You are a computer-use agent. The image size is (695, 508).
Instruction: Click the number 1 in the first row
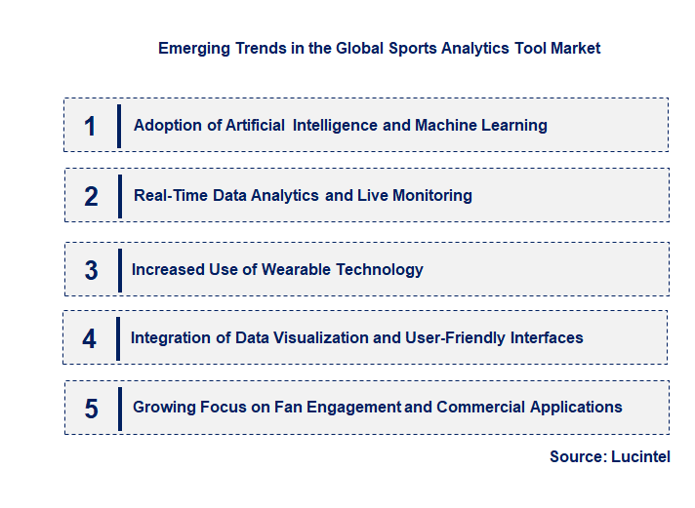(91, 126)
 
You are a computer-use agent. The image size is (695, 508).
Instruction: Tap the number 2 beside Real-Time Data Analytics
(91, 196)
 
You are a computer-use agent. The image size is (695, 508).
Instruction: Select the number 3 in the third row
(91, 270)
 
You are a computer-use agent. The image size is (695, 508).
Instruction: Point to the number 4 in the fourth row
(90, 338)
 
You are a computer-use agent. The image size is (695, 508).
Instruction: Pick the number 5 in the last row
(91, 409)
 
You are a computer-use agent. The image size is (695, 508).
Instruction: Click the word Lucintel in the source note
(640, 456)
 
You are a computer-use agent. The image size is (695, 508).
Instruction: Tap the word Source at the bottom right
(577, 456)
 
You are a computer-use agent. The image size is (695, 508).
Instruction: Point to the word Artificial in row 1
(254, 125)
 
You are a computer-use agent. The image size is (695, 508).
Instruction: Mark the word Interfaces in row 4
(547, 337)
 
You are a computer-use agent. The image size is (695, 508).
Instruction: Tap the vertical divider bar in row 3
(118, 269)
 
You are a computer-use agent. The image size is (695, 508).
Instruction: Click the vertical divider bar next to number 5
(119, 408)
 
